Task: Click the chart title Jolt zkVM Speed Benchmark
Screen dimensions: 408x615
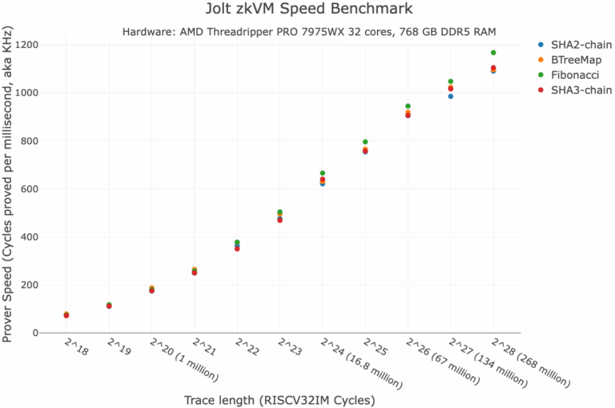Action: click(308, 10)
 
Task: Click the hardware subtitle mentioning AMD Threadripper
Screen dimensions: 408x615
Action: click(309, 32)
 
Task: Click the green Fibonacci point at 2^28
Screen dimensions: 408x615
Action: click(493, 53)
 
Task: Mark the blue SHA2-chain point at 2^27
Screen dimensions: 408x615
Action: click(451, 96)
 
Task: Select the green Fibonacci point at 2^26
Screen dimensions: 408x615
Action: click(408, 106)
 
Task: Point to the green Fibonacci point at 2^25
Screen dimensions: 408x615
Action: click(365, 142)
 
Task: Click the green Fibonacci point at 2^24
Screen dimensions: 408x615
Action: click(323, 173)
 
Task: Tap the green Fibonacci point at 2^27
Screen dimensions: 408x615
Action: click(451, 82)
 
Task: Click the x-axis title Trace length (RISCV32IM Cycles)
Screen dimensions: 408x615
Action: click(279, 399)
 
